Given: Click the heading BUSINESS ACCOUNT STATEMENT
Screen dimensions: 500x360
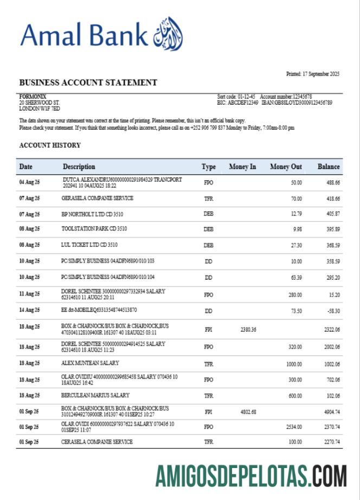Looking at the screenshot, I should pos(88,83).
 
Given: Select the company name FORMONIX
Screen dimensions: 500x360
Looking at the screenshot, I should pos(33,96).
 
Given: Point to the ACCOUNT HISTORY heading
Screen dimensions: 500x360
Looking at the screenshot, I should pos(50,145).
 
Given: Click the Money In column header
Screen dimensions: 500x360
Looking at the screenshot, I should pos(242,167).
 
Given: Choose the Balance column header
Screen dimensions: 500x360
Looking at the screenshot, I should pos(329,167).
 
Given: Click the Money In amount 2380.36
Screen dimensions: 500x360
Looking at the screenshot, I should pos(247,329).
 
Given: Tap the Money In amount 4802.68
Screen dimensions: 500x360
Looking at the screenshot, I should pos(247,412).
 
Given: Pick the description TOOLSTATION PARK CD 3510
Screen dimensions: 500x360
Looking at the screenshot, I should pos(95,229).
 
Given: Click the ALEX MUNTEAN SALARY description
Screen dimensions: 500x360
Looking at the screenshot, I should pos(91,363).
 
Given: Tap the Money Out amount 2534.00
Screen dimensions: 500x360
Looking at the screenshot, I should pos(292,427).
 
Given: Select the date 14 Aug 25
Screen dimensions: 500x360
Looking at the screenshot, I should pos(29,310).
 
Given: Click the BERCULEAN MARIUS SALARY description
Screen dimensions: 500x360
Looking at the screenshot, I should pos(95,395).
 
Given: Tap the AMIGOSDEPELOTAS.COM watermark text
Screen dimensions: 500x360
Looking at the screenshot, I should pos(252,477).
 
